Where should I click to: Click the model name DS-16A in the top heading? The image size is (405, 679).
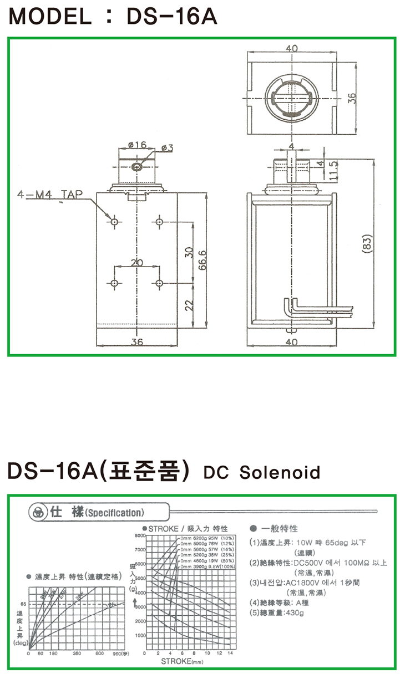coord(171,17)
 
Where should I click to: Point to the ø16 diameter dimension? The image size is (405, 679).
coord(136,145)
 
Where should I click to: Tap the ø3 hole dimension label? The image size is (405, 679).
coord(167,147)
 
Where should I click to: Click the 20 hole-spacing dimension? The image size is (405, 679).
coord(136,262)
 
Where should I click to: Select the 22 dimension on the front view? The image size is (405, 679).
coord(189,304)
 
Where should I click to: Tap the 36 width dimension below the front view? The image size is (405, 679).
coord(137,342)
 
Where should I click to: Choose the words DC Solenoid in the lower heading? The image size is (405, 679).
coord(262,473)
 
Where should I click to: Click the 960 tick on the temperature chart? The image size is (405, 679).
coord(119,654)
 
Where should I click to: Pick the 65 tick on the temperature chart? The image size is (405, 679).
coord(23,604)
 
